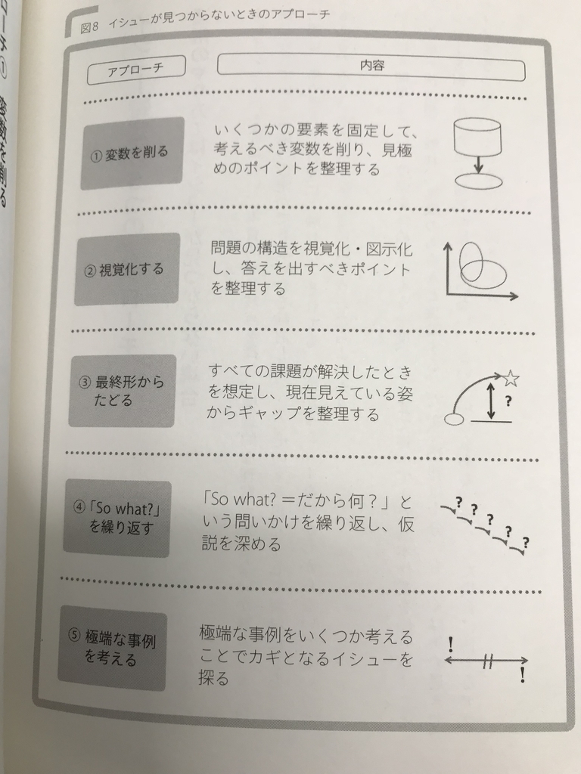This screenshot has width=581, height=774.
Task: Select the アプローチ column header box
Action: click(x=136, y=71)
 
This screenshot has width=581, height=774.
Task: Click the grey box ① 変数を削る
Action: click(x=132, y=153)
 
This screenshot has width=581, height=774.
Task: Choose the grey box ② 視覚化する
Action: click(x=127, y=269)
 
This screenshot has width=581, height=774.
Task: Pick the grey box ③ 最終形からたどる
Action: click(x=122, y=391)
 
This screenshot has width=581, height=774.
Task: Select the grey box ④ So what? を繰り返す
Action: click(x=117, y=519)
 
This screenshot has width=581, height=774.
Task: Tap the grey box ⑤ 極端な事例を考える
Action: click(x=113, y=648)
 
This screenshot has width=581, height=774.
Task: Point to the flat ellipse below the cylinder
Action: click(x=477, y=181)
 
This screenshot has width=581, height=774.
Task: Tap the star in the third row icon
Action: click(x=511, y=379)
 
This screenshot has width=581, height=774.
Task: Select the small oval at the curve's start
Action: click(x=453, y=420)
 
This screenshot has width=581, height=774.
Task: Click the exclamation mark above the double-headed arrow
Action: click(x=451, y=644)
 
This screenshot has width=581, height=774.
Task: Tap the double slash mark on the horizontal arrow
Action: click(x=487, y=661)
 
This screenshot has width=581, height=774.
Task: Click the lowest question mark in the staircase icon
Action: click(x=525, y=542)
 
